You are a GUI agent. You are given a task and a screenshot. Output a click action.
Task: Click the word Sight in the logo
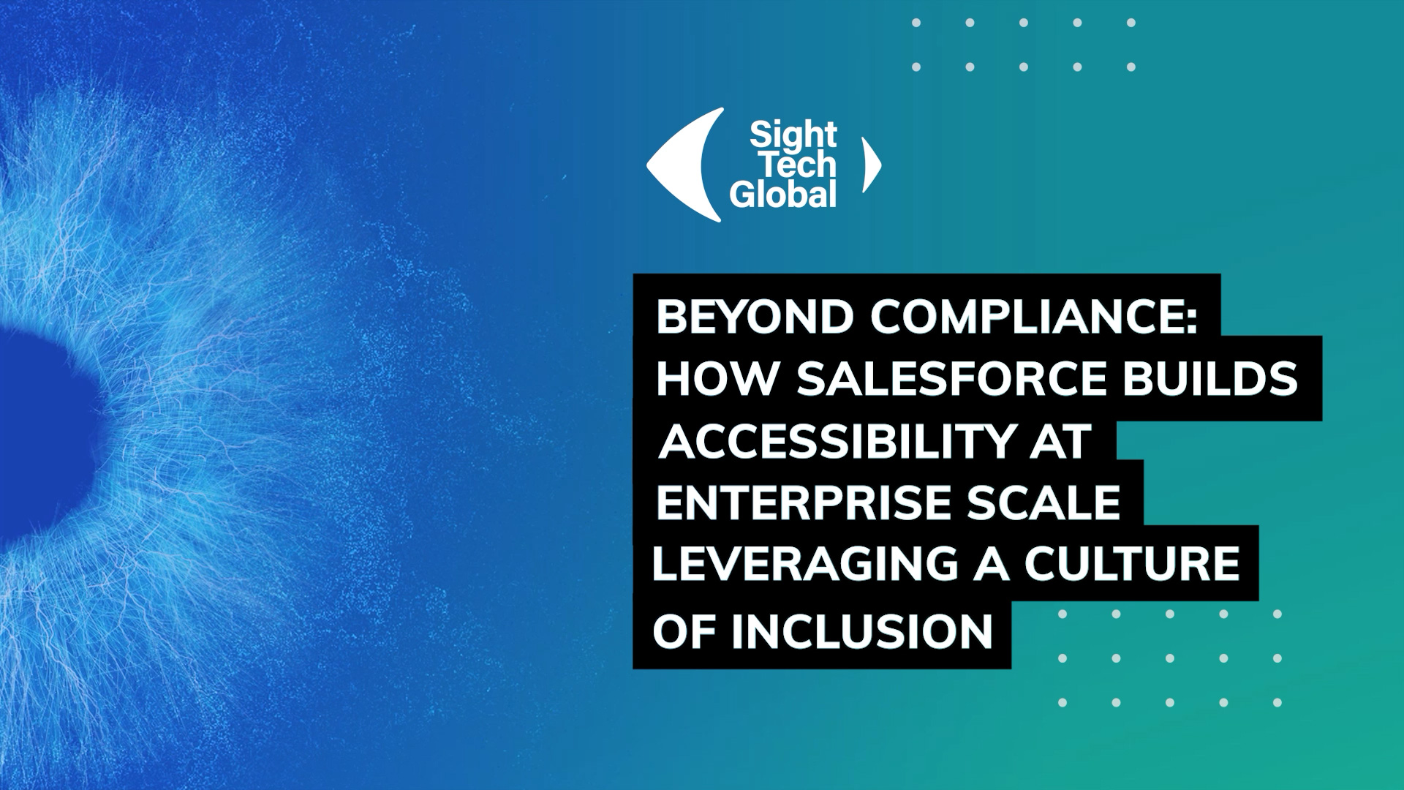(x=793, y=135)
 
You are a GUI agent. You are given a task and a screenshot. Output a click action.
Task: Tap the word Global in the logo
(x=782, y=195)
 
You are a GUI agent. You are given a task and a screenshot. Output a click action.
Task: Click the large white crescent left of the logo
(x=676, y=165)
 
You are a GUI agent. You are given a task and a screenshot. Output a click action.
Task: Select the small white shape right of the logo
(x=872, y=165)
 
